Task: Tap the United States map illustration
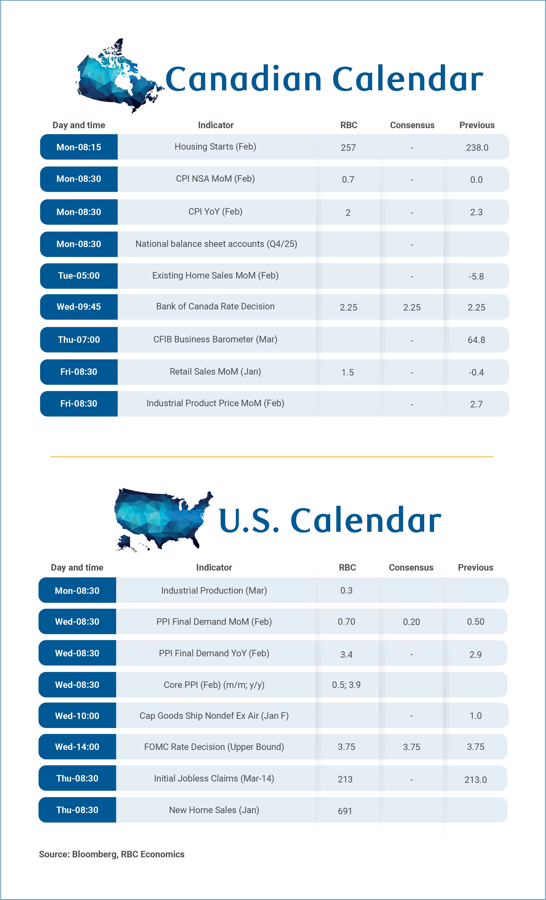(x=161, y=519)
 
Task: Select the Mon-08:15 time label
(x=79, y=147)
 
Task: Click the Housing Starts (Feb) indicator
(x=215, y=147)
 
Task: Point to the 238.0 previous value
(x=477, y=148)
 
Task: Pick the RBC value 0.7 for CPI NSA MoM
(x=348, y=179)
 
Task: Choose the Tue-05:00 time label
(x=79, y=276)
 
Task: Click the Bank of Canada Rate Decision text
(x=215, y=306)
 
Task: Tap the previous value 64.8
(x=476, y=340)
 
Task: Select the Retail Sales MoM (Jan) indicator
(x=215, y=372)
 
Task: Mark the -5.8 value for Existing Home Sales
(x=476, y=276)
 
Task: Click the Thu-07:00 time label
(x=79, y=340)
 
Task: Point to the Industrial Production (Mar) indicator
(x=214, y=591)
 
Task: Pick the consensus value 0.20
(x=411, y=622)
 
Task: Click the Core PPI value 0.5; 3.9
(x=346, y=685)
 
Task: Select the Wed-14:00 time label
(x=77, y=747)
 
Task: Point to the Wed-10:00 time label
(x=77, y=716)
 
